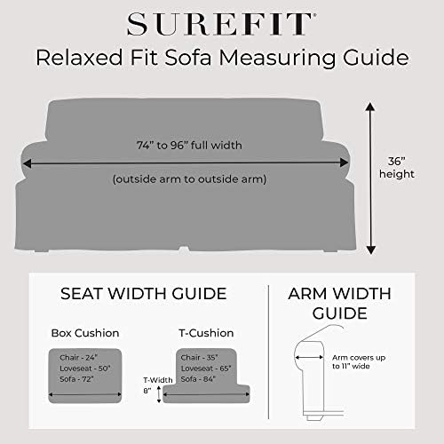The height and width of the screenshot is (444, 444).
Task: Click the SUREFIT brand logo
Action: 221,24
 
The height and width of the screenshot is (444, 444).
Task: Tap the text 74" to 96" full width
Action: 189,145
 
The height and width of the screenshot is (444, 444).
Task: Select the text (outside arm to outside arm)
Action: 189,179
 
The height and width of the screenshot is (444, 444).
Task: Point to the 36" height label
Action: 397,168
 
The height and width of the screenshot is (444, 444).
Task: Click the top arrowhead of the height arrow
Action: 370,107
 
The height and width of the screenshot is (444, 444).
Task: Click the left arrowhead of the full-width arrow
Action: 27,163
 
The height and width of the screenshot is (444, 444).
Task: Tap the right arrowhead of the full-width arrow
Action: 345,163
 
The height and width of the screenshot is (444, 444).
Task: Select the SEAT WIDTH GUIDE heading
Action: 144,294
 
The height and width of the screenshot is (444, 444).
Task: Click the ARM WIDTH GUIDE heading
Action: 339,304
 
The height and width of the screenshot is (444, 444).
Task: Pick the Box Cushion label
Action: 85,333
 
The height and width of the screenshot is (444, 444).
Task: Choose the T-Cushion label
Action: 206,333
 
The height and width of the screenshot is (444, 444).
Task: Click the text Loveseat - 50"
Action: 85,369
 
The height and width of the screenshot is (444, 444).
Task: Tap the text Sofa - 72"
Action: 76,379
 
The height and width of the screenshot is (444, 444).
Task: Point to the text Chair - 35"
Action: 199,358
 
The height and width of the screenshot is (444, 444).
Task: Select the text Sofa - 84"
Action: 198,379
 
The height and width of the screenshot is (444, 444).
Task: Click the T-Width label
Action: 158,380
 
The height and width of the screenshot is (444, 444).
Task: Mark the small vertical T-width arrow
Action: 159,394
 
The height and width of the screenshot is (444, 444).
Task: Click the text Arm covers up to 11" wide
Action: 359,361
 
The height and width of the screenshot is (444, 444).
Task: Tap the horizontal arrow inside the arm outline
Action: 309,358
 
